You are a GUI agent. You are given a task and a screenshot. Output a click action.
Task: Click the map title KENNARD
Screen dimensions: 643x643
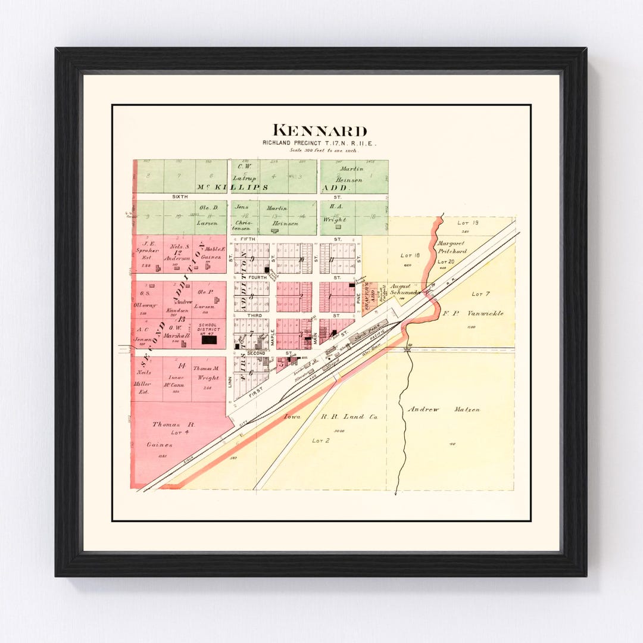click(x=320, y=131)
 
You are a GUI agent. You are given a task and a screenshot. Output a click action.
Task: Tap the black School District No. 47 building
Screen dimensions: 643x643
click(x=209, y=340)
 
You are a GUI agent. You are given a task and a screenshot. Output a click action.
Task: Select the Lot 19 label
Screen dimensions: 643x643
click(x=464, y=223)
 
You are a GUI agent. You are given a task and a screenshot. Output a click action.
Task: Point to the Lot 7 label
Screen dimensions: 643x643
click(x=480, y=294)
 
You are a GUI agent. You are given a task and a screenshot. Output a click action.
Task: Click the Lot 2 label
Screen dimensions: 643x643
click(x=320, y=441)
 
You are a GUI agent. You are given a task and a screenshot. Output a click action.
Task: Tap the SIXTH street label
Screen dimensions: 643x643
click(x=180, y=196)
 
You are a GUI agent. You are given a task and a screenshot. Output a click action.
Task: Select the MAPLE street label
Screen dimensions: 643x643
click(x=273, y=338)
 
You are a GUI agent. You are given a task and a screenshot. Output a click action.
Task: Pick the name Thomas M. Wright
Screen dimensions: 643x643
click(x=207, y=373)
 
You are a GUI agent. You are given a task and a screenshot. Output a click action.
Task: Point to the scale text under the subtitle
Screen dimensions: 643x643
click(x=320, y=151)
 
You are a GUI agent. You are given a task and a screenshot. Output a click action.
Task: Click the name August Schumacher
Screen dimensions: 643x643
click(x=405, y=289)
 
